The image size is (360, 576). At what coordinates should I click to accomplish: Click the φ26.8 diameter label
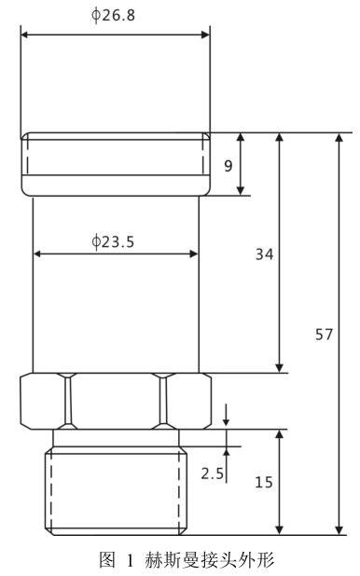pos(113,15)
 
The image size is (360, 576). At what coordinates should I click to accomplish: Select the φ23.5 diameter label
pos(113,241)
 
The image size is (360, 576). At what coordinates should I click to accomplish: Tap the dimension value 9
pos(228,166)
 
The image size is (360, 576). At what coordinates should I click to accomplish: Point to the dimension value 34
pos(264,254)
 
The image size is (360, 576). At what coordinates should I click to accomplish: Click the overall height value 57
pos(324,335)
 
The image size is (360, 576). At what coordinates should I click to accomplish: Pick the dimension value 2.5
pos(212,473)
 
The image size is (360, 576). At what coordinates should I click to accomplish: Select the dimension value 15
pos(264,482)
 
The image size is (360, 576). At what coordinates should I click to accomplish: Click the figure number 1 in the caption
pos(130,560)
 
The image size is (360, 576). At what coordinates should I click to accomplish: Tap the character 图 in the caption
pos(107,560)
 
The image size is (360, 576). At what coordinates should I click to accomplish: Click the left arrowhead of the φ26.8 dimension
pos(24,34)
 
